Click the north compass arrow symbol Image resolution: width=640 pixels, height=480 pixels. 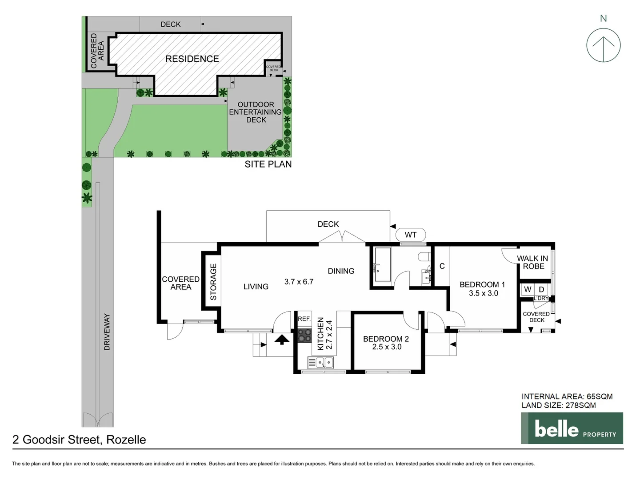603,45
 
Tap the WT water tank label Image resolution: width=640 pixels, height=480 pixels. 410,235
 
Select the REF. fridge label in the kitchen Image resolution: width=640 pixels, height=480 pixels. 304,319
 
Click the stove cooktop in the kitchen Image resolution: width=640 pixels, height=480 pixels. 304,335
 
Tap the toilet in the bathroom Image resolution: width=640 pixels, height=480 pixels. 423,257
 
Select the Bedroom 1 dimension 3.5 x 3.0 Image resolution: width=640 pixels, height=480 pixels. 483,293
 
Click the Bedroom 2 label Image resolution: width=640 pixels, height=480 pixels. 386,339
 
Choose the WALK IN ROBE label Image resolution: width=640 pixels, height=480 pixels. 532,262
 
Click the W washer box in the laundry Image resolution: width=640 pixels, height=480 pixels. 528,289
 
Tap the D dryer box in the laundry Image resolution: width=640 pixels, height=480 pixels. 541,289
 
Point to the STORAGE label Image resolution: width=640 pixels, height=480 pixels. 213,282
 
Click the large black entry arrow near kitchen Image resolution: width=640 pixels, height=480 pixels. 281,340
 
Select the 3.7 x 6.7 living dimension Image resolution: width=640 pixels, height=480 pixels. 299,281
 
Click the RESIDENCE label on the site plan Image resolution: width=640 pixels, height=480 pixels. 192,59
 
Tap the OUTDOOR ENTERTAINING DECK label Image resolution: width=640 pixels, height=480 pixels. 256,112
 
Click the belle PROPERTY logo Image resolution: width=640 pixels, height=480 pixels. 572,428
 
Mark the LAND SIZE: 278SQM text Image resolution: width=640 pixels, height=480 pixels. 559,405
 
